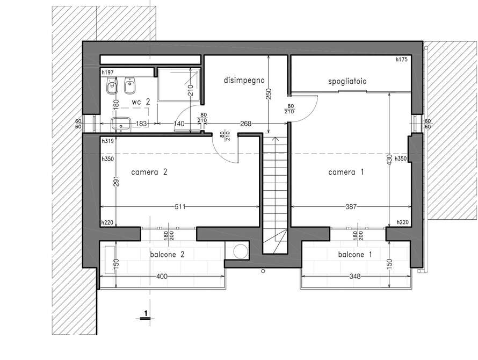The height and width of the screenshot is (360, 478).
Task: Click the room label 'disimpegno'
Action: (244, 81)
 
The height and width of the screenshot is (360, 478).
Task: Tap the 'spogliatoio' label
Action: (347, 82)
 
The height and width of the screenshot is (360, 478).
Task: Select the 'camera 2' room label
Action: (149, 172)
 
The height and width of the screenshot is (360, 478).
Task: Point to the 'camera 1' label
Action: (346, 172)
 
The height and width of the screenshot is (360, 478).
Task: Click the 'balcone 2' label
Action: (167, 255)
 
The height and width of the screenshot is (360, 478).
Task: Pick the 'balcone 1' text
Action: (355, 255)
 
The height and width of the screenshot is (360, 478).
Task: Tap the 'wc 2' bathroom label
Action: (141, 102)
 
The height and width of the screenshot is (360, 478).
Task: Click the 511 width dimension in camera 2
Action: (180, 207)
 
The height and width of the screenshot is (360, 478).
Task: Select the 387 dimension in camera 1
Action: (351, 207)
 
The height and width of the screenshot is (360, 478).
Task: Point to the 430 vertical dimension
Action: (389, 160)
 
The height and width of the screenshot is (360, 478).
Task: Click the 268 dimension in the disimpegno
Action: (245, 124)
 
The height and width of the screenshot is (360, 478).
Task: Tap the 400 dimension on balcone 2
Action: (162, 276)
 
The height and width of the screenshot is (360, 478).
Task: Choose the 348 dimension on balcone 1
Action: (355, 276)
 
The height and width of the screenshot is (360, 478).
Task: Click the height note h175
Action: (402, 60)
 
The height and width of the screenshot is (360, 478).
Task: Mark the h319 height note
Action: (107, 141)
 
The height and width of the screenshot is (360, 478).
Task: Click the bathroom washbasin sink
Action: (121, 124)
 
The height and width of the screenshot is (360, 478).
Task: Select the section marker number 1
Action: (146, 313)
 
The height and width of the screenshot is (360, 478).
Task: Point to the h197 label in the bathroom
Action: (107, 73)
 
